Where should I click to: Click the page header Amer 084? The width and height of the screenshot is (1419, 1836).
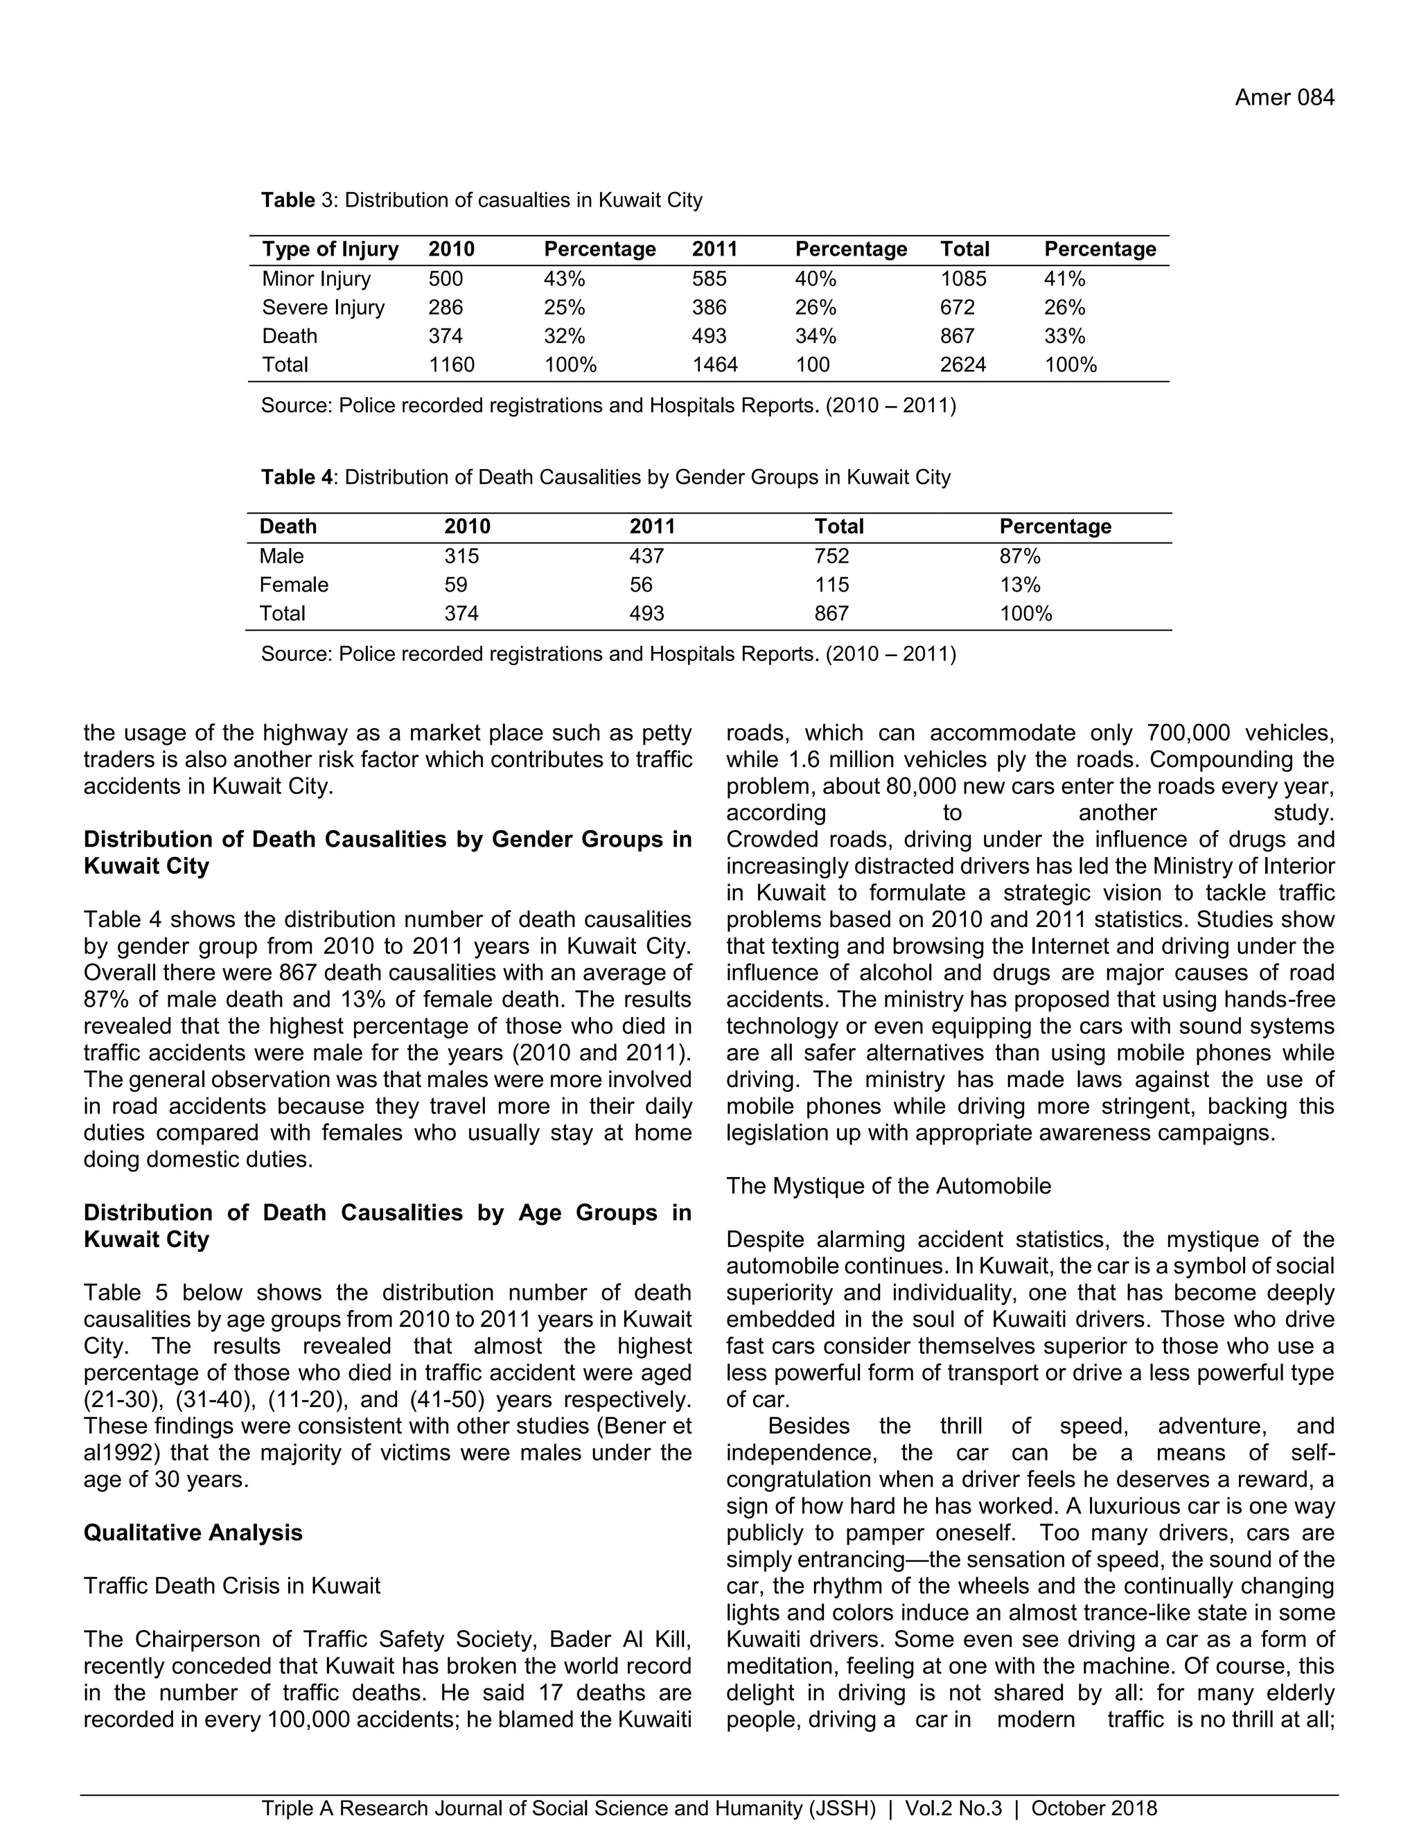1284,98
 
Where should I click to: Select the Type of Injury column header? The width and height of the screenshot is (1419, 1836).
330,249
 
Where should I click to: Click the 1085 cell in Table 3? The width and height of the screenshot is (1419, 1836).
962,279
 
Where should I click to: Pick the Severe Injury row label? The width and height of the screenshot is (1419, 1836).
323,308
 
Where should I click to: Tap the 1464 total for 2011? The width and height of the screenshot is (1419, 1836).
714,365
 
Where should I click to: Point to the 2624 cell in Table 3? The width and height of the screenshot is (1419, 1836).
962,365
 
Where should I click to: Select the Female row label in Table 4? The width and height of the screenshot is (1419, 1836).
293,585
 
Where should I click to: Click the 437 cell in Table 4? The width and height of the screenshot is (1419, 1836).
646,556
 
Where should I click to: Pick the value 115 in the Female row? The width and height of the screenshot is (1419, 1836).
831,585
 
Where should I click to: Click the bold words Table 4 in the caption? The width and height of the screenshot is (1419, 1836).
296,477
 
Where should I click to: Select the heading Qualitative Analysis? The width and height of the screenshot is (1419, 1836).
193,1533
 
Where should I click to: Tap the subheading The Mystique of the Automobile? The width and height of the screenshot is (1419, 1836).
888,1186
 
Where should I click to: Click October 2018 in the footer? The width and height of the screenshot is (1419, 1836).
1093,1808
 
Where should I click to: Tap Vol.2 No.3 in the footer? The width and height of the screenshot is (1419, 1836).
953,1808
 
